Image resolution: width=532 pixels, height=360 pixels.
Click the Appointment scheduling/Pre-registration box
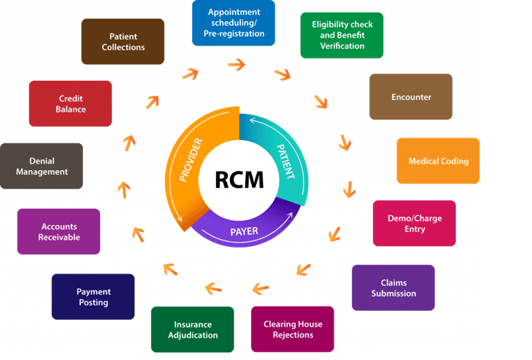(233, 23)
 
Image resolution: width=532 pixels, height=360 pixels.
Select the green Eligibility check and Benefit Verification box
(341, 35)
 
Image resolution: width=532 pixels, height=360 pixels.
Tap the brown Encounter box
(410, 97)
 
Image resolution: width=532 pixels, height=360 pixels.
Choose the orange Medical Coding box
(438, 161)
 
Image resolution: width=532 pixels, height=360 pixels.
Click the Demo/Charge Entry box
(414, 224)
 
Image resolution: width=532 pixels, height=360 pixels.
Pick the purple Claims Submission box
(393, 288)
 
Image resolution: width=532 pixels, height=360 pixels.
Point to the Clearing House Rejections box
(293, 329)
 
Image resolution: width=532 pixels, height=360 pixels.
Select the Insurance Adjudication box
(192, 329)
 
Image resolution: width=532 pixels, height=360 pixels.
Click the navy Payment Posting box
(93, 297)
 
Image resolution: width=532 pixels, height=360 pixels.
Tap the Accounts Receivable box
(58, 232)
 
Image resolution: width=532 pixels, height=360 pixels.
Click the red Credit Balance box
(70, 104)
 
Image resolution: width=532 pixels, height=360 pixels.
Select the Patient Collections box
(122, 41)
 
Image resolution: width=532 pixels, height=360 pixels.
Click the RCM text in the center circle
(239, 179)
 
